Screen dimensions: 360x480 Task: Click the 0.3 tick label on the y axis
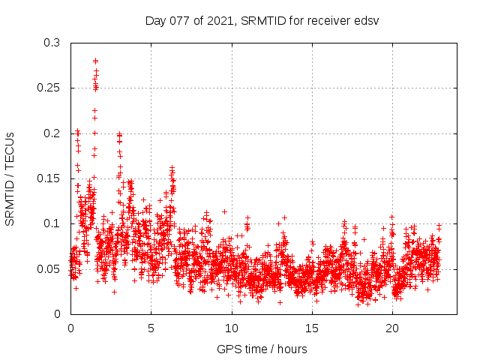click(51, 43)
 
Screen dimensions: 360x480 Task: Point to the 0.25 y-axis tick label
click(48, 88)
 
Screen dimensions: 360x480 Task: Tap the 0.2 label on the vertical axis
click(51, 133)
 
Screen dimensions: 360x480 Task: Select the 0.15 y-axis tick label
click(48, 178)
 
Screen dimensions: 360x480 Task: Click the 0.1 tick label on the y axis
click(51, 223)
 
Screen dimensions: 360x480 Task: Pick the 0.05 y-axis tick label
click(48, 268)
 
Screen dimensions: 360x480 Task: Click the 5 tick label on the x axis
click(151, 328)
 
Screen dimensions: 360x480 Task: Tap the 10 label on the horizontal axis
click(231, 328)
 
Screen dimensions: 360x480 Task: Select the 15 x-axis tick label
click(311, 328)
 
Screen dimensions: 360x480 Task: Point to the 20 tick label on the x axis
click(391, 328)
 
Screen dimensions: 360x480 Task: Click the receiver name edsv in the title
click(367, 20)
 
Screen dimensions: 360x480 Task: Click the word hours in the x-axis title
click(292, 349)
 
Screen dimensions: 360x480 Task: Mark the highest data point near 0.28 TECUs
click(95, 61)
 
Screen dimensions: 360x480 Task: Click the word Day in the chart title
click(155, 20)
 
